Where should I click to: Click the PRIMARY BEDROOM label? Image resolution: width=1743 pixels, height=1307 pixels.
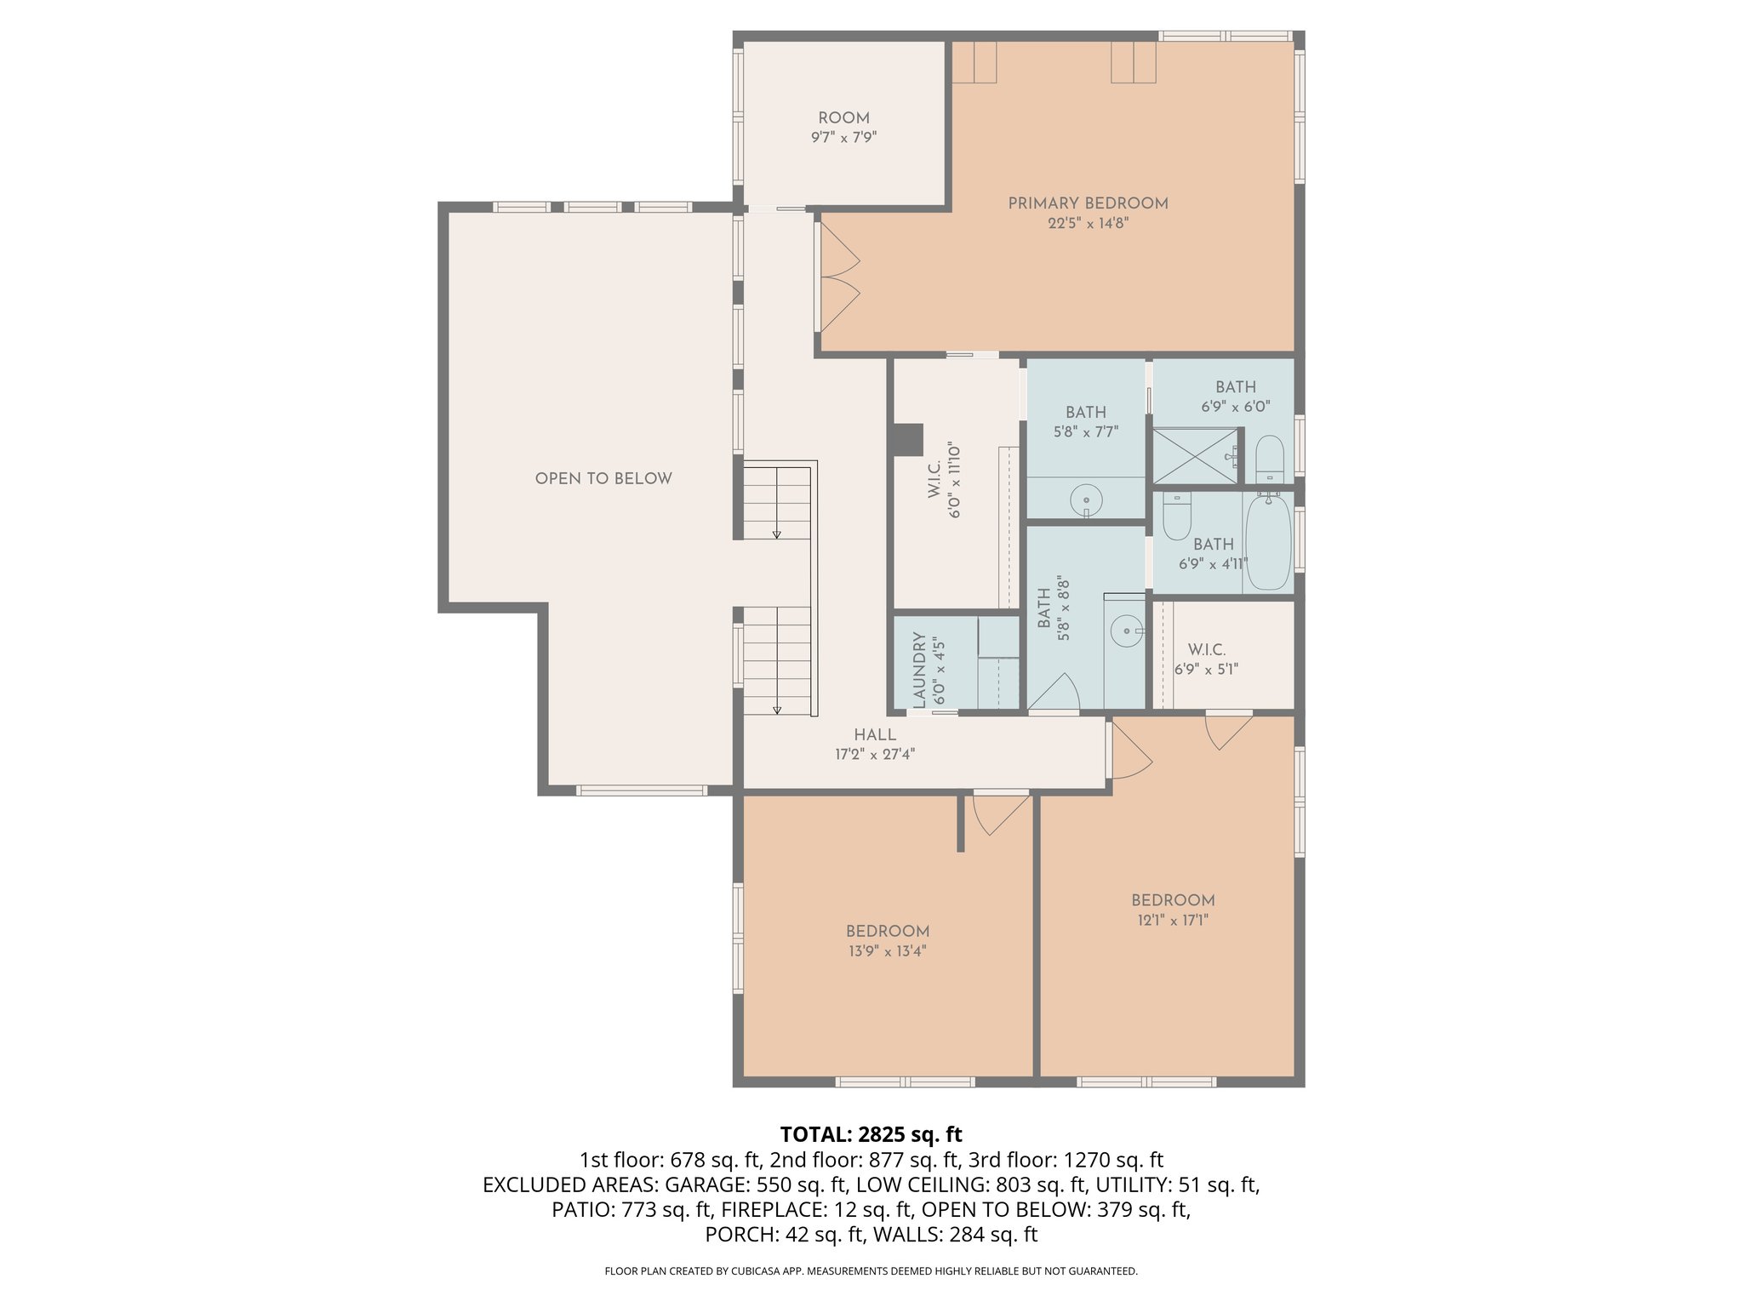coord(1088,203)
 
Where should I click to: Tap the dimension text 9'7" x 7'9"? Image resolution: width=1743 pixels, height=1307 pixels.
coord(843,137)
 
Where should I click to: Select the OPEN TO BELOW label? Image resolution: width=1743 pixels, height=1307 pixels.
coord(603,478)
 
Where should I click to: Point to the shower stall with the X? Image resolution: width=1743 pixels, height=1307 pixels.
coord(1195,456)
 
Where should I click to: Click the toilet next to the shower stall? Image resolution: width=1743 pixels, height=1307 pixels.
coord(1269,459)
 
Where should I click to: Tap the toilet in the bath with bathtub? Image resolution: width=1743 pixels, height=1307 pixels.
coord(1177,517)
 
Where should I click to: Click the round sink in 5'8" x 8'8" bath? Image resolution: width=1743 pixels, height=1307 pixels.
coord(1127,631)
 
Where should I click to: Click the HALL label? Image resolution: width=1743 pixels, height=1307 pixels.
coord(875,734)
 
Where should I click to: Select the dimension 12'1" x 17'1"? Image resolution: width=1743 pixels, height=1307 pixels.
coord(1172,920)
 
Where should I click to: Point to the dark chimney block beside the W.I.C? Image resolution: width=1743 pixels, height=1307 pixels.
coord(908,440)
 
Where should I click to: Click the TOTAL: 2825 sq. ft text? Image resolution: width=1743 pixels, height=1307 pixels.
coord(871,1134)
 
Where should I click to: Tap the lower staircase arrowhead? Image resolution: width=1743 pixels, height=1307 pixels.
coord(777,710)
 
